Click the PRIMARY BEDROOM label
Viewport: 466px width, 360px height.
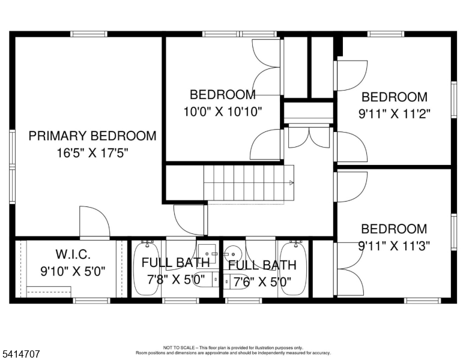[92, 136]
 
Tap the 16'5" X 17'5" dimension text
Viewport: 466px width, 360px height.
[92, 153]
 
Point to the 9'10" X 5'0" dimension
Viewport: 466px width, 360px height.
[73, 272]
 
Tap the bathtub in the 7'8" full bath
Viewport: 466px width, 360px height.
[145, 268]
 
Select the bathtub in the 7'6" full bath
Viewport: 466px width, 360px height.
[294, 268]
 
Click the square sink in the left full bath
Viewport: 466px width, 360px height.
[207, 254]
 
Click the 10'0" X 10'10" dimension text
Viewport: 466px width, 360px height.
[223, 111]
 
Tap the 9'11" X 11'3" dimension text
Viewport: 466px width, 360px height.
[394, 245]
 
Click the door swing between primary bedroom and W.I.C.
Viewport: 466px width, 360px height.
[94, 221]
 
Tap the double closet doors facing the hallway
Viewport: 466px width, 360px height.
[309, 137]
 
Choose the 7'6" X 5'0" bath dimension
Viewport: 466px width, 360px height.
[262, 280]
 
